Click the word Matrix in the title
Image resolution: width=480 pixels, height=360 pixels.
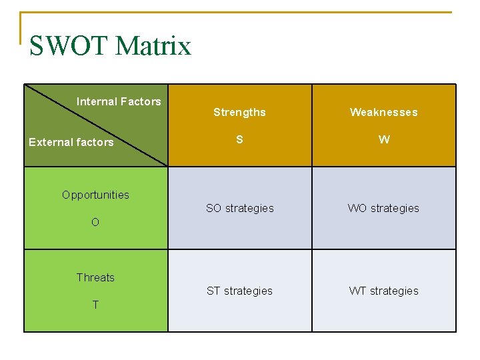[x=153, y=46]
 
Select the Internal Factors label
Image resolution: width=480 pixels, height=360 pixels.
[x=119, y=101]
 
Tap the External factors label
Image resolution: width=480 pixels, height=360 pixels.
[x=71, y=142]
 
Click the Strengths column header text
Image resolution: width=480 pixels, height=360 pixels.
[x=239, y=112]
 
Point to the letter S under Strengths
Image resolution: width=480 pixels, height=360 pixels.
[x=239, y=139]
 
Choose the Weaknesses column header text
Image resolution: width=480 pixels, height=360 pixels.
[x=384, y=112]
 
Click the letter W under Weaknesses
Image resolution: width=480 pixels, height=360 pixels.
[x=384, y=139]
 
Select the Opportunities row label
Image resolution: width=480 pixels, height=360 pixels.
[x=95, y=195]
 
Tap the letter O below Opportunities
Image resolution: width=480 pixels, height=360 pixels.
[x=95, y=223]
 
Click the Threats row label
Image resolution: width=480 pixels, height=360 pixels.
[x=95, y=277]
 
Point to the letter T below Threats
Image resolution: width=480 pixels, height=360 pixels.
[x=95, y=305]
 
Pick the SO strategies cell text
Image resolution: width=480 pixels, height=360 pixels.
[x=240, y=208]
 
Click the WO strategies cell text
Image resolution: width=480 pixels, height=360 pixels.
[x=383, y=208]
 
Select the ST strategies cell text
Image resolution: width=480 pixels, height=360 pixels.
[x=239, y=291]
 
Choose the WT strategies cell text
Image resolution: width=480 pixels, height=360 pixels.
[x=384, y=291]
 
